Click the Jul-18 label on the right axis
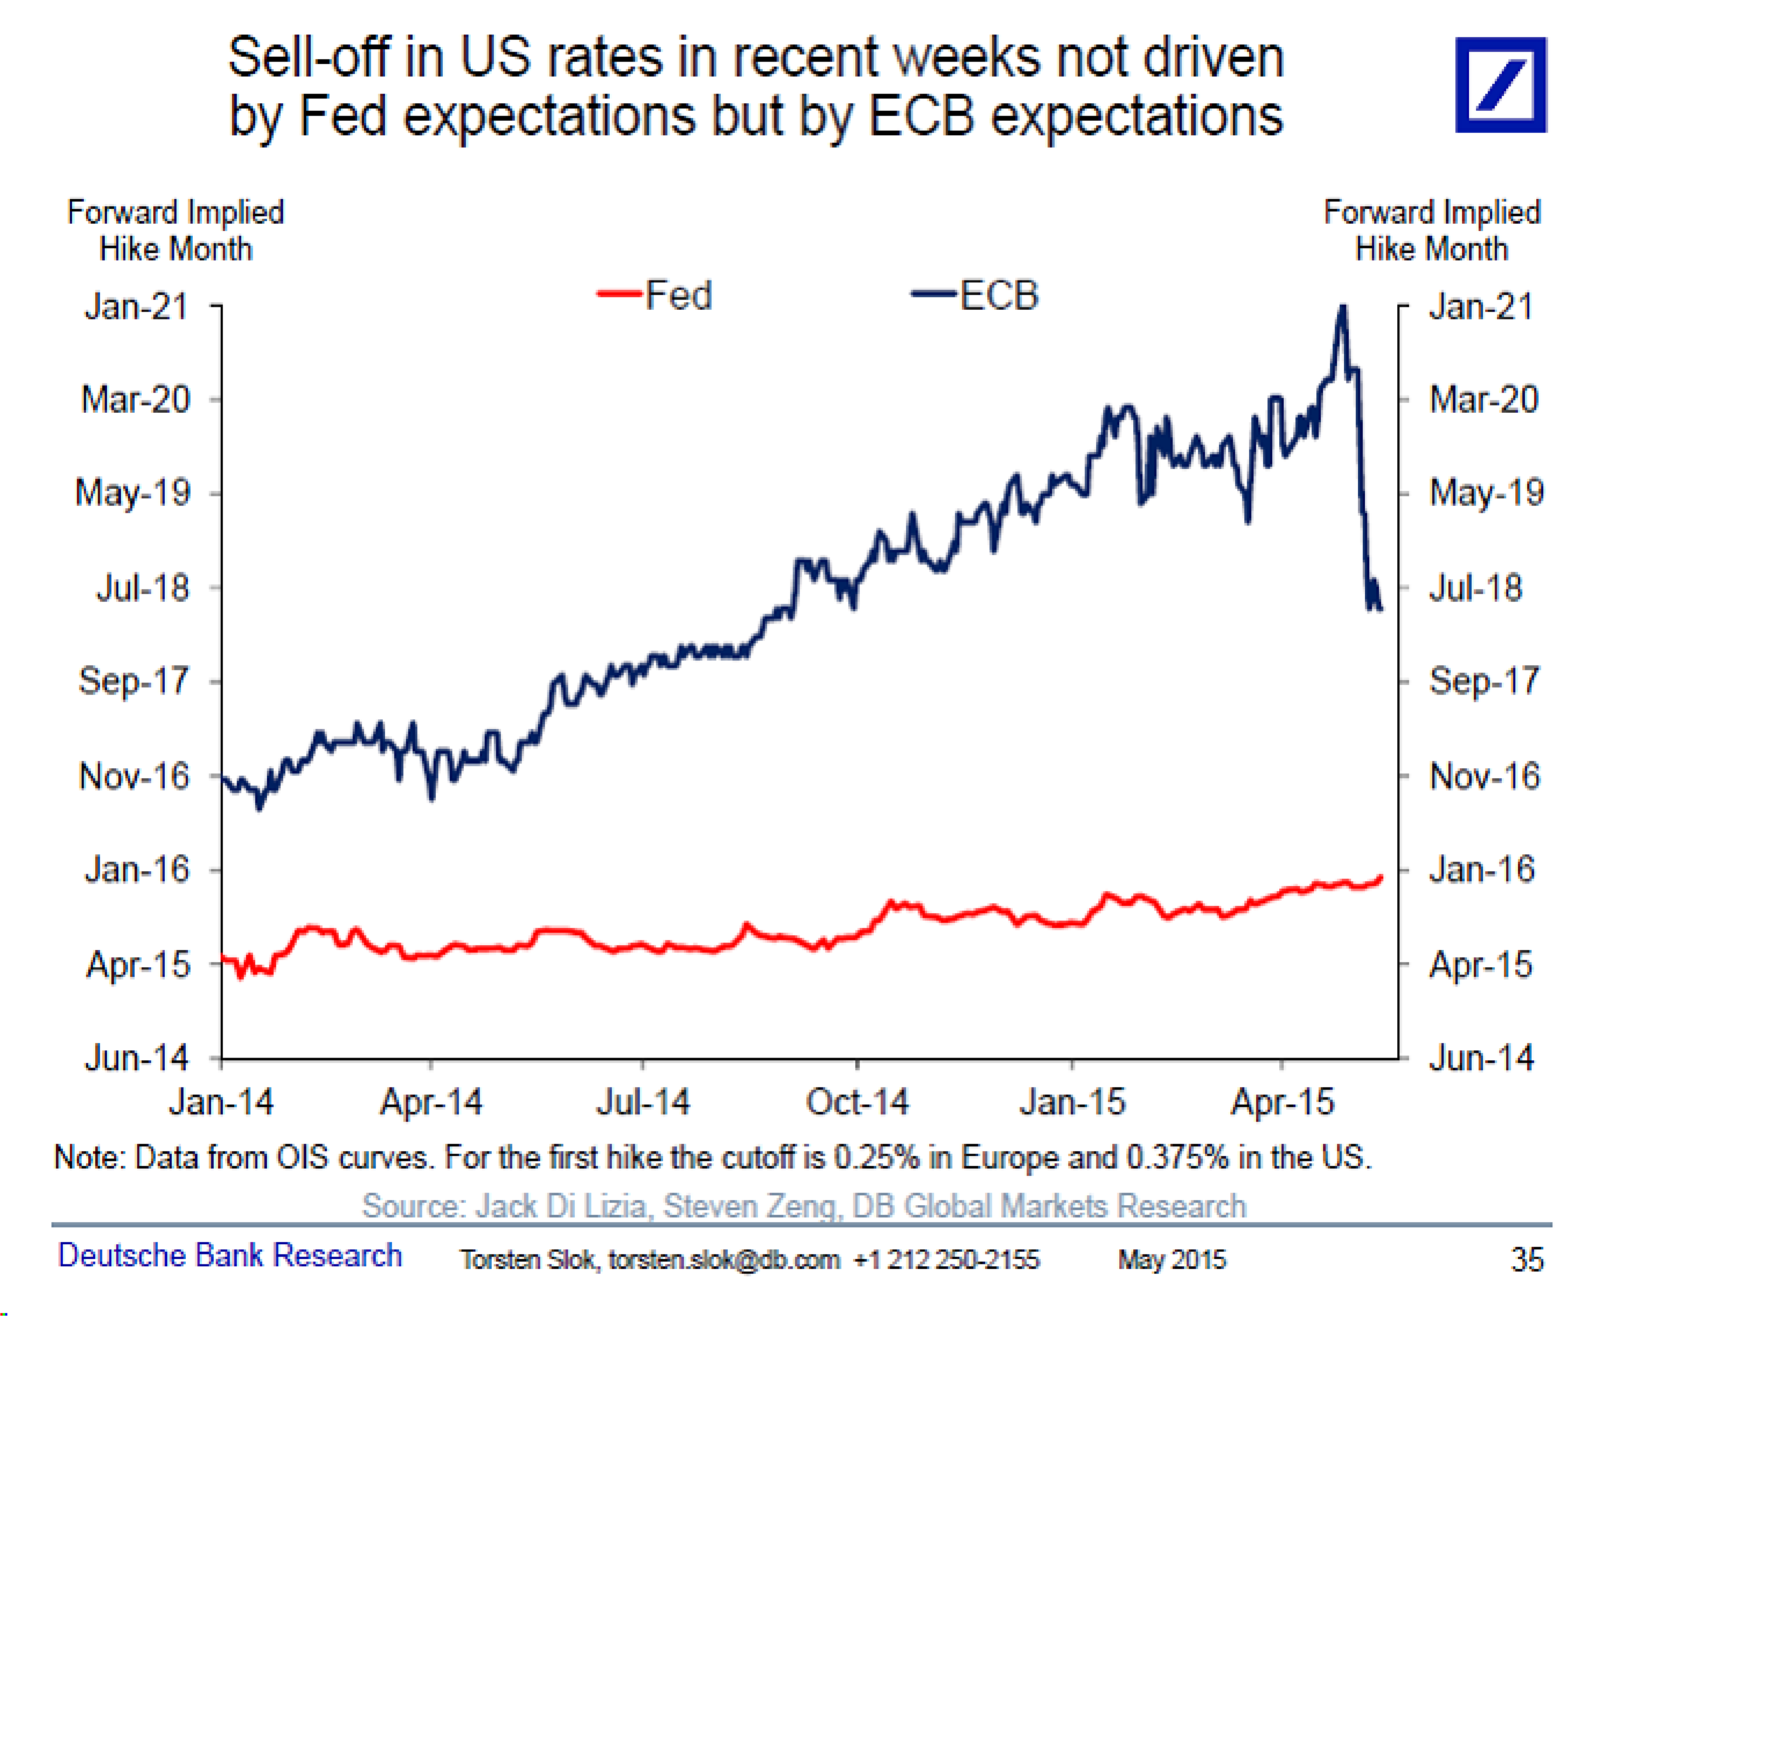(x=1475, y=587)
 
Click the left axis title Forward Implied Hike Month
(x=175, y=230)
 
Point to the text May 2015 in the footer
(x=1172, y=1259)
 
